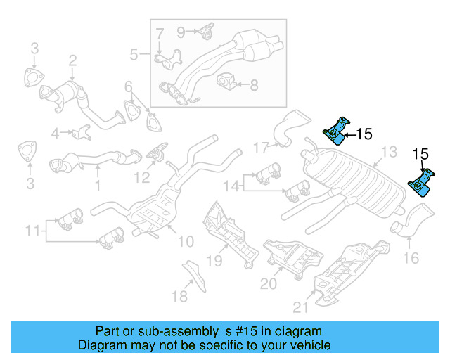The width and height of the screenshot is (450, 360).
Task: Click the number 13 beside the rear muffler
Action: pyautogui.click(x=389, y=152)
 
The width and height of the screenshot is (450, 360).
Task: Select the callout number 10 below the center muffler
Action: pyautogui.click(x=185, y=242)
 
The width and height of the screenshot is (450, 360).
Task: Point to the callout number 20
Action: pyautogui.click(x=269, y=283)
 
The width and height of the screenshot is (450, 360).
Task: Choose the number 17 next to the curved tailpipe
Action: pyautogui.click(x=262, y=148)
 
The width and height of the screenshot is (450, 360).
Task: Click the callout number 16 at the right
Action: pyautogui.click(x=411, y=258)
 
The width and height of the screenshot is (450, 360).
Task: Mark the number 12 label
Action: pyautogui.click(x=143, y=177)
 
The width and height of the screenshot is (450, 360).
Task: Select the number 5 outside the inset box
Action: pyautogui.click(x=134, y=53)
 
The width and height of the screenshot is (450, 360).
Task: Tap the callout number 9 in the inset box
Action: pyautogui.click(x=181, y=31)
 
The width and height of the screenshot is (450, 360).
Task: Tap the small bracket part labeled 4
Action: pyautogui.click(x=82, y=131)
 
